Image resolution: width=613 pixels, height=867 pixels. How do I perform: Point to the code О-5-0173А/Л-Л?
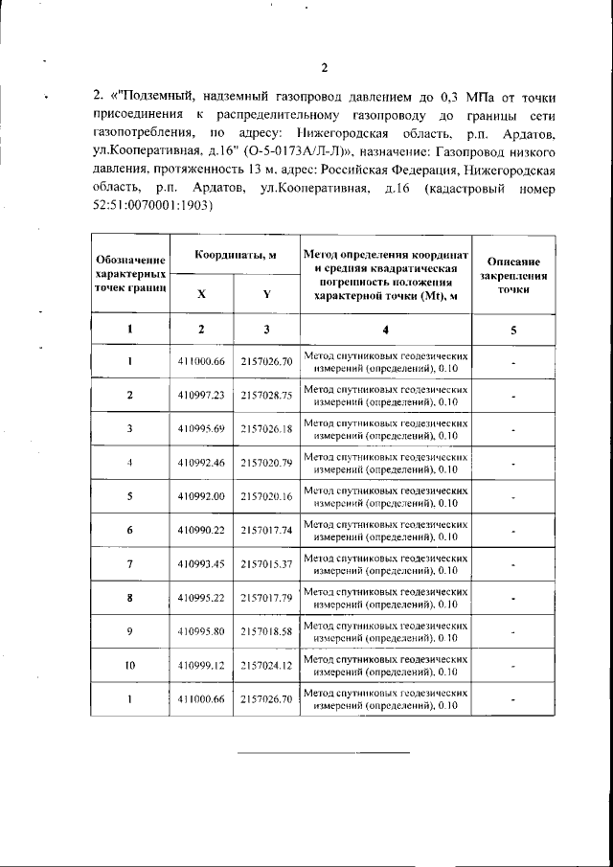tap(297, 151)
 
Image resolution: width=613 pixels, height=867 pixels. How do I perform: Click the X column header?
tap(200, 295)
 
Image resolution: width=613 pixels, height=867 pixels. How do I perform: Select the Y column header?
tap(265, 295)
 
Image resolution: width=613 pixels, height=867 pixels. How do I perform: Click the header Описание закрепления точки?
tap(513, 274)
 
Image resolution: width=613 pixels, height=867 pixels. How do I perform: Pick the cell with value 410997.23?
tap(200, 394)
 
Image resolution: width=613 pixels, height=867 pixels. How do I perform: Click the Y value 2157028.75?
tap(266, 394)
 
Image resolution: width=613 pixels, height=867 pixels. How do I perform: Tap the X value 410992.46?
tap(200, 463)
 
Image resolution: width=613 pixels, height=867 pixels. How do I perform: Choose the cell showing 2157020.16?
tap(266, 497)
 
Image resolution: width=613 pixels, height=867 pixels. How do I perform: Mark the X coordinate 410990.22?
tap(200, 530)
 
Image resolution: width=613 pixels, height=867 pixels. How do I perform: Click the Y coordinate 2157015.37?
tap(266, 564)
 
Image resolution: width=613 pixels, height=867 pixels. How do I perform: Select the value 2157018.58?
tap(266, 631)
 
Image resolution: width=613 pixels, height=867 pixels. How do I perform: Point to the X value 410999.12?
tap(200, 665)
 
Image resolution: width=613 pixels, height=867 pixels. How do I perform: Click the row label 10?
tap(129, 665)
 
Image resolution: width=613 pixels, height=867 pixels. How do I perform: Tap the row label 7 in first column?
tap(129, 564)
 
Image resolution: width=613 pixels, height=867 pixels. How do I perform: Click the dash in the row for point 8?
tap(513, 598)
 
